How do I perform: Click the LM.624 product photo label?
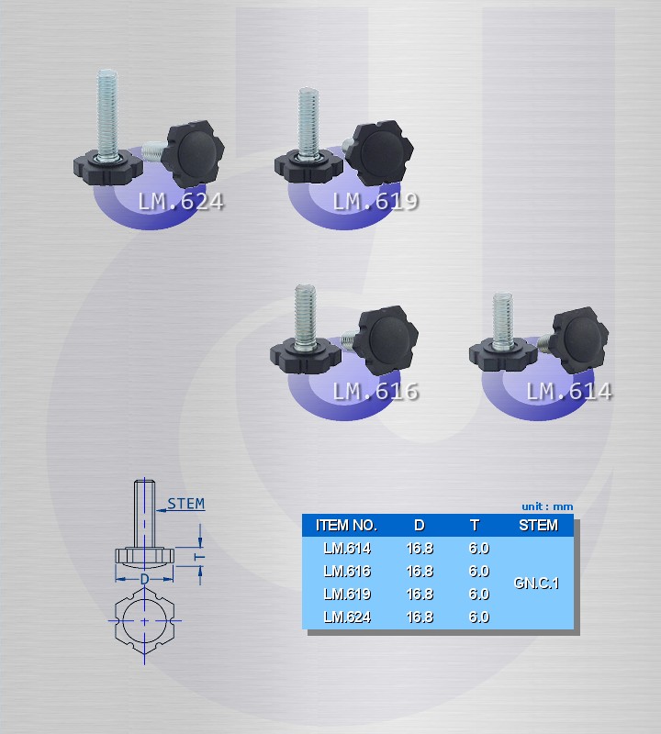(181, 202)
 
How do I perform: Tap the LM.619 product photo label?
(375, 201)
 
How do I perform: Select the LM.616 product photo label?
(375, 392)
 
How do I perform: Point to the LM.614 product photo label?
(569, 392)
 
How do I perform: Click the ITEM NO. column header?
(347, 525)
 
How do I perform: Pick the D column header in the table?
(420, 525)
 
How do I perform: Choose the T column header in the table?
(475, 525)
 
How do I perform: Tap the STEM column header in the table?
(539, 525)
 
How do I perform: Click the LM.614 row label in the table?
(347, 548)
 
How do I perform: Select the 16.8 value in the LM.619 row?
(420, 594)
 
